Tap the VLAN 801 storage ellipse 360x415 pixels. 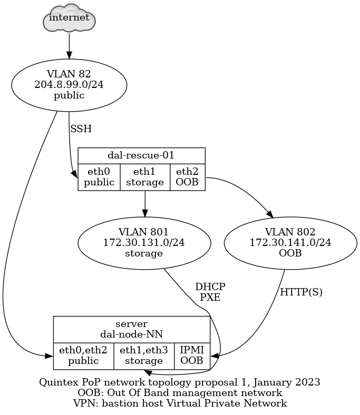[x=144, y=243]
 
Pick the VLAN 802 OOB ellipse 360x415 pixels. [x=290, y=243]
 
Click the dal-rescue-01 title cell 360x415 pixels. [x=141, y=155]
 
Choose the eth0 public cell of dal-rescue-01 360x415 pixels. [x=99, y=177]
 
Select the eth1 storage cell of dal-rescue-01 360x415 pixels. [x=145, y=177]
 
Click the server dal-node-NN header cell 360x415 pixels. [x=132, y=329]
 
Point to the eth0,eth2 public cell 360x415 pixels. [x=83, y=355]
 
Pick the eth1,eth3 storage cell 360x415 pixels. [x=144, y=355]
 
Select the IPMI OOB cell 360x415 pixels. [x=192, y=355]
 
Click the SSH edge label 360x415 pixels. [x=81, y=129]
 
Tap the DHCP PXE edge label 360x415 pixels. [x=210, y=292]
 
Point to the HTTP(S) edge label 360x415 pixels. [x=301, y=292]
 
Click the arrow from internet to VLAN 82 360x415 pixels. [x=69, y=45]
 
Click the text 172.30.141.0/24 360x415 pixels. [x=290, y=243]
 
